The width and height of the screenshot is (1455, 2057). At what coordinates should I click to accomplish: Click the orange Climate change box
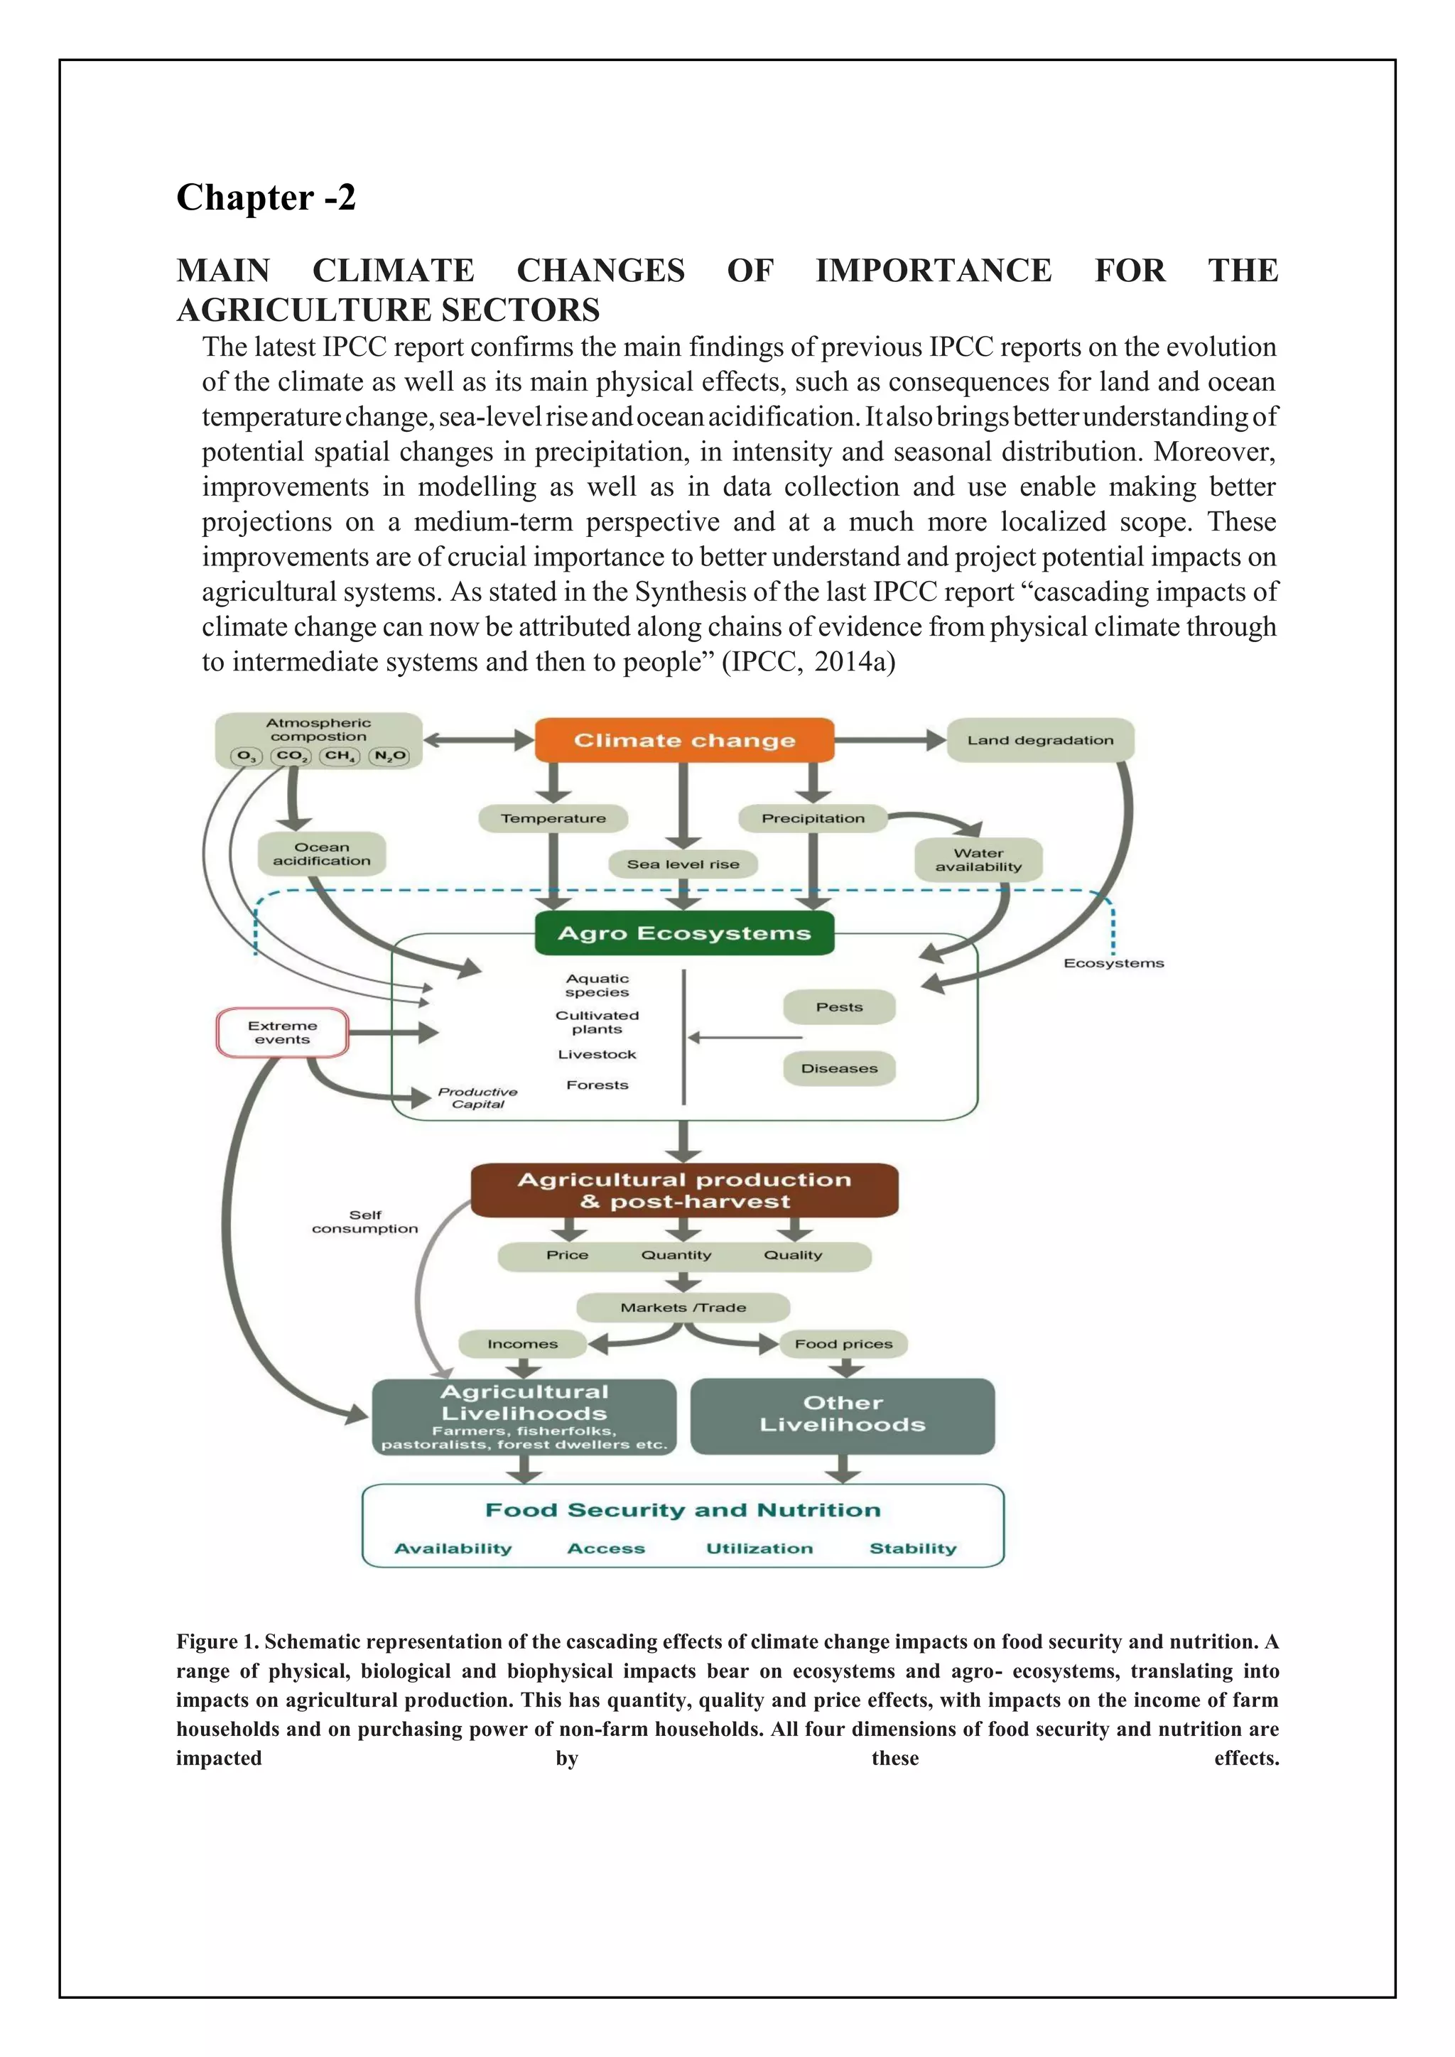(683, 740)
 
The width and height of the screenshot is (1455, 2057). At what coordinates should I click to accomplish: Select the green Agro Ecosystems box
(683, 933)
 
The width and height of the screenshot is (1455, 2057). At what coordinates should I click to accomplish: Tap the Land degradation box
(1039, 740)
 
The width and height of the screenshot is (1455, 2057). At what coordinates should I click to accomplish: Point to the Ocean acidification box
(322, 854)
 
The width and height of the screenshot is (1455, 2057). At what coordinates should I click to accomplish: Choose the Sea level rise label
(683, 864)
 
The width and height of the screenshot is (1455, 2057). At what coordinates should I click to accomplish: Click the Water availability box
(978, 860)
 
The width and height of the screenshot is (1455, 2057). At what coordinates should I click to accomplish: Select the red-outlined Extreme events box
(282, 1032)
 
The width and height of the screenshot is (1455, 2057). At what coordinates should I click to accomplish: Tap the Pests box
(838, 1007)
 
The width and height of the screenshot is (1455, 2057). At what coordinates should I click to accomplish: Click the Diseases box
(838, 1068)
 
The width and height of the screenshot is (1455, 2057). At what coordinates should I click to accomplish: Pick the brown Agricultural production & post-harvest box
(683, 1190)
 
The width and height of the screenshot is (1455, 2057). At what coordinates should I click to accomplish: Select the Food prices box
(843, 1344)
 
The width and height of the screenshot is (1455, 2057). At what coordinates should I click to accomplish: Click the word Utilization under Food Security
(759, 1548)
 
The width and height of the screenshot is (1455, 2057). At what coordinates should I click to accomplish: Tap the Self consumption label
(364, 1221)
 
